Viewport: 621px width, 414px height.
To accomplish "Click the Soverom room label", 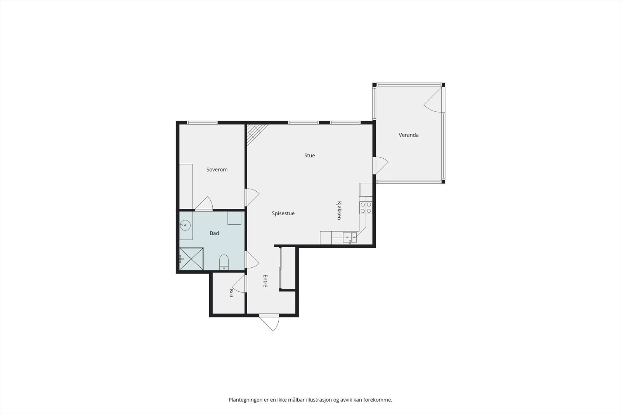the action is [217, 170].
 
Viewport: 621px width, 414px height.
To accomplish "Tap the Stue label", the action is [309, 156].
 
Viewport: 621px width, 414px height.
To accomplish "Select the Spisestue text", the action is [283, 213].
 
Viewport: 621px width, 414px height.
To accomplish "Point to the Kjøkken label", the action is [339, 210].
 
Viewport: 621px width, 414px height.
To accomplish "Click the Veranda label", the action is [409, 135].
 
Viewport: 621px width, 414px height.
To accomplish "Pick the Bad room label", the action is [214, 233].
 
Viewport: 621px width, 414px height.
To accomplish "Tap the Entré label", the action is [265, 281].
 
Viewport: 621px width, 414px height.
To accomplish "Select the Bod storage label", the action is [231, 293].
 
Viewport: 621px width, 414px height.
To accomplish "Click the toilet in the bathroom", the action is [224, 262].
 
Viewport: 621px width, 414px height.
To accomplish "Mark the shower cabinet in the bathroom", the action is [191, 259].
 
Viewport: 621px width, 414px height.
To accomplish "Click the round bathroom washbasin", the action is [185, 225].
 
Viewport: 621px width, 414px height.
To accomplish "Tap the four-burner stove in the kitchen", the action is [366, 208].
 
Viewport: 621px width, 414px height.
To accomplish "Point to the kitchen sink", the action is [350, 237].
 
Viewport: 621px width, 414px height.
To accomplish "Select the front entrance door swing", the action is [269, 323].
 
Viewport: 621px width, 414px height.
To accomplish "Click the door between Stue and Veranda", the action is [380, 165].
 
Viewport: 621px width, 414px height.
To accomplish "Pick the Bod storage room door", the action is [239, 284].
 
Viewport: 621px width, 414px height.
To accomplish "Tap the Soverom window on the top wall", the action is [202, 123].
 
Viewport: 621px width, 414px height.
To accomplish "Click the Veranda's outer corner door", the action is [434, 100].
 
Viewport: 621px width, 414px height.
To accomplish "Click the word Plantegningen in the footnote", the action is [245, 400].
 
